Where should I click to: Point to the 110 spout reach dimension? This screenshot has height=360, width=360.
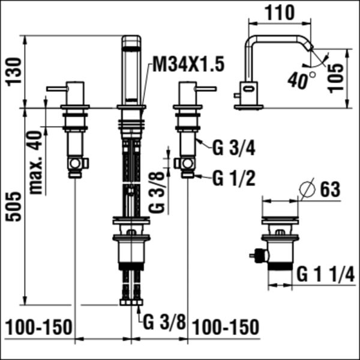tap(280, 12)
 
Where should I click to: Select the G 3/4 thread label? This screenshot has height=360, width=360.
tap(234, 146)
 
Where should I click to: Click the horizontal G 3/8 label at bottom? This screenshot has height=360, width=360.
tap(164, 321)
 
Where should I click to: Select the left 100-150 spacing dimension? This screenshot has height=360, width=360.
tap(39, 328)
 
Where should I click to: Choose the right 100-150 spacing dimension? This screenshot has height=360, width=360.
tap(226, 328)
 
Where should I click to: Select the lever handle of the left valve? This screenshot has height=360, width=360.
tap(57, 89)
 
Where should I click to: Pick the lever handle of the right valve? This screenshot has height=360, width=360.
tap(206, 89)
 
